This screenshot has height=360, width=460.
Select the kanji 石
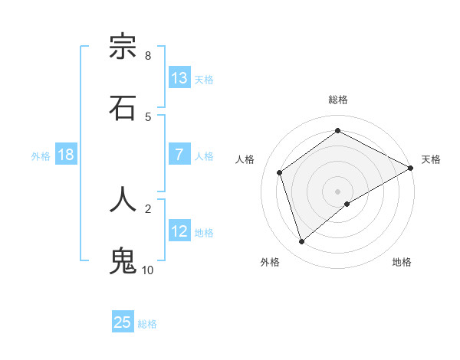[x=123, y=107]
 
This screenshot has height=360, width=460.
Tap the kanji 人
[x=123, y=199]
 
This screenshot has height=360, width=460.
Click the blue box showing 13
[x=179, y=77]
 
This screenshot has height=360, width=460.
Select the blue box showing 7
[x=179, y=154]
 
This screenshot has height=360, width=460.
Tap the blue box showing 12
[x=179, y=231]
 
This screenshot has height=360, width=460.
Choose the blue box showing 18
[x=66, y=154]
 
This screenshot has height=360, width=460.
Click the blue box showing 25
[x=123, y=322]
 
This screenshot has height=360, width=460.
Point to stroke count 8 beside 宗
[x=148, y=55]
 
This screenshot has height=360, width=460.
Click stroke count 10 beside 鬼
[x=148, y=270]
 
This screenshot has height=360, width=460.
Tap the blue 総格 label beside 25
[x=147, y=324]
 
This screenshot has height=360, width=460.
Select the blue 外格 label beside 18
[x=41, y=155]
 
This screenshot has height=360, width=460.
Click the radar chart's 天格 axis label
[x=431, y=159]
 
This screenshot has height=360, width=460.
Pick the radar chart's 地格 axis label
[x=402, y=262]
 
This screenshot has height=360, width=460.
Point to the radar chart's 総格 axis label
[x=338, y=100]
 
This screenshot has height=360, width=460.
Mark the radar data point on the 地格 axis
[x=347, y=204]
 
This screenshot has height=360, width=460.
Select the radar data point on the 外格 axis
[x=301, y=242]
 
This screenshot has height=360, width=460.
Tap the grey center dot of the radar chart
[x=338, y=191]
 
